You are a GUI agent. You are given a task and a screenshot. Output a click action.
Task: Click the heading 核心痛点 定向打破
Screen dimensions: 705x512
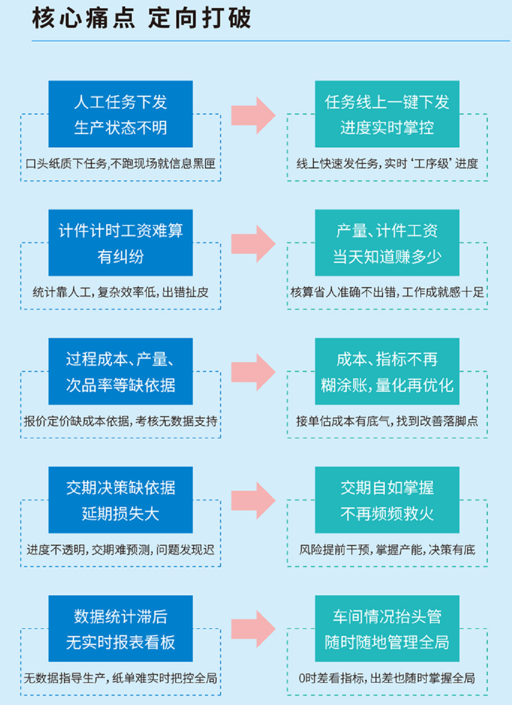[x=141, y=18]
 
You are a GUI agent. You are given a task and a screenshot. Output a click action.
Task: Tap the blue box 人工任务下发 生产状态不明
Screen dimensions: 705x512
[x=120, y=114]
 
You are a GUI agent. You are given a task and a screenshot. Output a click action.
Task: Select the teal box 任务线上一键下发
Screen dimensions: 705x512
[x=387, y=114]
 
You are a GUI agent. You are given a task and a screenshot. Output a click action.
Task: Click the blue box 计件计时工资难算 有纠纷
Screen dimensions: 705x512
[x=120, y=242]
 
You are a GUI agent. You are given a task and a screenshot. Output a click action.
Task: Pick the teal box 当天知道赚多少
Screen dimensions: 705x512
[x=387, y=242]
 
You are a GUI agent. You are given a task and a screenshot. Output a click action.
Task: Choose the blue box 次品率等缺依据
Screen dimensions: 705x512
[x=120, y=371]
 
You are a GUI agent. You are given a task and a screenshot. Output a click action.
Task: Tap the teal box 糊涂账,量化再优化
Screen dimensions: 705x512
[x=387, y=371]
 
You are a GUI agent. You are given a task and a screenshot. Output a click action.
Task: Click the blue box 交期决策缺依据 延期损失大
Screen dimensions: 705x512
[x=120, y=500]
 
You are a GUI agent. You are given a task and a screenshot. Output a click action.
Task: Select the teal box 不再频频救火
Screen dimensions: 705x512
[x=387, y=500]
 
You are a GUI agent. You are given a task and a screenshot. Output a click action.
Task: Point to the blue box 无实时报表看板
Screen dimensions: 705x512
[x=120, y=629]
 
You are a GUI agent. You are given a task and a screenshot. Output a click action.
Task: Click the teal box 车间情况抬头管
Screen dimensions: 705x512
[x=387, y=629]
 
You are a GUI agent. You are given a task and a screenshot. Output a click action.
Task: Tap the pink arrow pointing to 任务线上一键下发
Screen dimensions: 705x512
[x=253, y=115]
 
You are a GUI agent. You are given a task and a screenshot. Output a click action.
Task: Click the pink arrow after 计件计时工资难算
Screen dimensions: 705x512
[x=253, y=244]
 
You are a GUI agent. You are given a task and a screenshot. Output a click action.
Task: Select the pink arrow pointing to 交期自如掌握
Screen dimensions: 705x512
[x=253, y=500]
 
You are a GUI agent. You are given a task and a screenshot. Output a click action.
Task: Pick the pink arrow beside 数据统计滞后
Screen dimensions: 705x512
[x=253, y=629]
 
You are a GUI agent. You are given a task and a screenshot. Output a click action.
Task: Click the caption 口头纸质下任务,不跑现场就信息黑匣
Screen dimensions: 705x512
[x=120, y=164]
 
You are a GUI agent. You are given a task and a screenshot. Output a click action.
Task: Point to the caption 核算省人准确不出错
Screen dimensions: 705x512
[x=387, y=292]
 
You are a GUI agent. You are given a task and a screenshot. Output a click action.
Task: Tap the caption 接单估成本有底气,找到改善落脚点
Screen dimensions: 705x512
[x=387, y=421]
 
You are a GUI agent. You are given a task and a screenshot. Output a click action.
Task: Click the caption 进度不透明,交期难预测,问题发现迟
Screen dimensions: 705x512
[x=120, y=549]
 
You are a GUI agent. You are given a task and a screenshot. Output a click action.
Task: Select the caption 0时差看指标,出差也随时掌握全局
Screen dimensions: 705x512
[x=387, y=678]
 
